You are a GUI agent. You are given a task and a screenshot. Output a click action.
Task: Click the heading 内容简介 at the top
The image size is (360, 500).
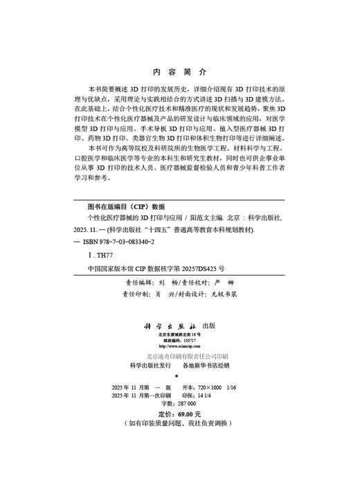click(179, 72)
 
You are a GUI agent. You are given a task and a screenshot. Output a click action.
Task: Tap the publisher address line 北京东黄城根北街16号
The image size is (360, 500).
click(179, 315)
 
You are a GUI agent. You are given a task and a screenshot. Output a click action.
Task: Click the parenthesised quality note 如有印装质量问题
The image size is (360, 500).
click(159, 422)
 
